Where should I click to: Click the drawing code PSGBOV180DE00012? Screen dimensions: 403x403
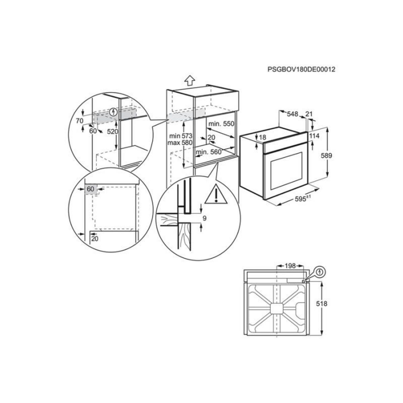(x=302, y=70)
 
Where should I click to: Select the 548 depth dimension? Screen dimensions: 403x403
(x=293, y=115)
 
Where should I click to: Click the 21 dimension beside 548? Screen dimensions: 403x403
(x=309, y=114)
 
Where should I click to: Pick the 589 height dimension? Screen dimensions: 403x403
(x=326, y=155)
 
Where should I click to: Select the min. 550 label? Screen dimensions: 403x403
(x=221, y=124)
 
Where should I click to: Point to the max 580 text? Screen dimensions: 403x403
(x=180, y=143)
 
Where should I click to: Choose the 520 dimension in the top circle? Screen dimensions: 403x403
(x=113, y=132)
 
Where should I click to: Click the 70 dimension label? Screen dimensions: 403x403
(x=79, y=120)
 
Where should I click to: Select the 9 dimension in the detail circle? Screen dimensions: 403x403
(x=204, y=218)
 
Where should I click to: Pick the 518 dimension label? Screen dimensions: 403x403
(x=321, y=304)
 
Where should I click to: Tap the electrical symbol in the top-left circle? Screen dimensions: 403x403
(x=114, y=112)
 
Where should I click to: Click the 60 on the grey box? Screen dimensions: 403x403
(x=90, y=189)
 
